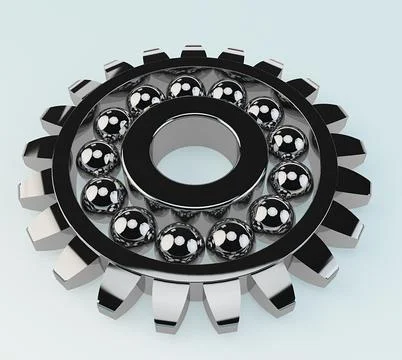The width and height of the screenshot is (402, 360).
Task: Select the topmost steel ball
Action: pos(185,89)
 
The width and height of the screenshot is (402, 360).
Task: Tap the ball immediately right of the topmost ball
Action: pos(227,94)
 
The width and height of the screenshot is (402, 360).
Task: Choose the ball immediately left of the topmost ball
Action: pos(146,100)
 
